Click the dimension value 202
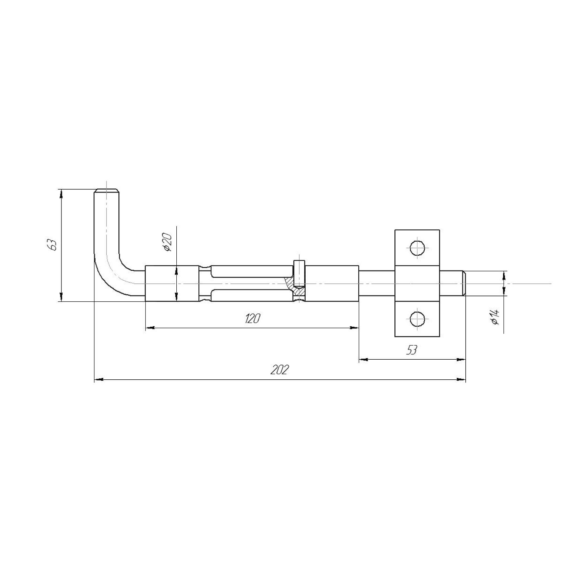[280, 370]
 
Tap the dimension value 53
[412, 350]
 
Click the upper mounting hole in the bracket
[417, 248]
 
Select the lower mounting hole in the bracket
[417, 319]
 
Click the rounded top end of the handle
[107, 192]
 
